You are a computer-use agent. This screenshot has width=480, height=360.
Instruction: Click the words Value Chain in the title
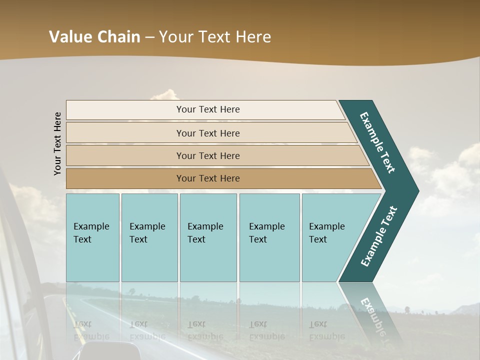94,37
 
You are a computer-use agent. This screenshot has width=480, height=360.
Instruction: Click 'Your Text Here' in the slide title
215,37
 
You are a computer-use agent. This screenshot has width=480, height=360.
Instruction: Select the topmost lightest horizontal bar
205,109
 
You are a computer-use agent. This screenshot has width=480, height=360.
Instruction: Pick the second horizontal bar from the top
210,133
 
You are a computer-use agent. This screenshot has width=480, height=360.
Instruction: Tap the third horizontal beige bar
215,155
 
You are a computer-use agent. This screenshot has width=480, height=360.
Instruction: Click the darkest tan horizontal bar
220,178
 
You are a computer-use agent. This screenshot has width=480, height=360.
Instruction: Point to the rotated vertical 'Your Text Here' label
57,143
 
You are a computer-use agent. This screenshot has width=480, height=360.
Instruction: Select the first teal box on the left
92,237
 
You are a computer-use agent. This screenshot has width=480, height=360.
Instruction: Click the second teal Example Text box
149,237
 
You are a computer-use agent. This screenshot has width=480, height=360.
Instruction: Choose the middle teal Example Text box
208,237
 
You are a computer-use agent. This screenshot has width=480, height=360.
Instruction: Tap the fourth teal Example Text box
269,237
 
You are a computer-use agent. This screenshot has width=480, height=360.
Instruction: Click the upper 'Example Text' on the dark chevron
377,142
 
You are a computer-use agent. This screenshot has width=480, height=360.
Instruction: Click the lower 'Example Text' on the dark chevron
379,236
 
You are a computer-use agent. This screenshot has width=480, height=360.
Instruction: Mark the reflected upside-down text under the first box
83,330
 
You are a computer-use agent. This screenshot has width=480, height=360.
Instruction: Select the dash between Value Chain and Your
149,37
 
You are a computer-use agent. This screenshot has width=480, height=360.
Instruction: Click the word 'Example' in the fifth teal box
326,226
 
